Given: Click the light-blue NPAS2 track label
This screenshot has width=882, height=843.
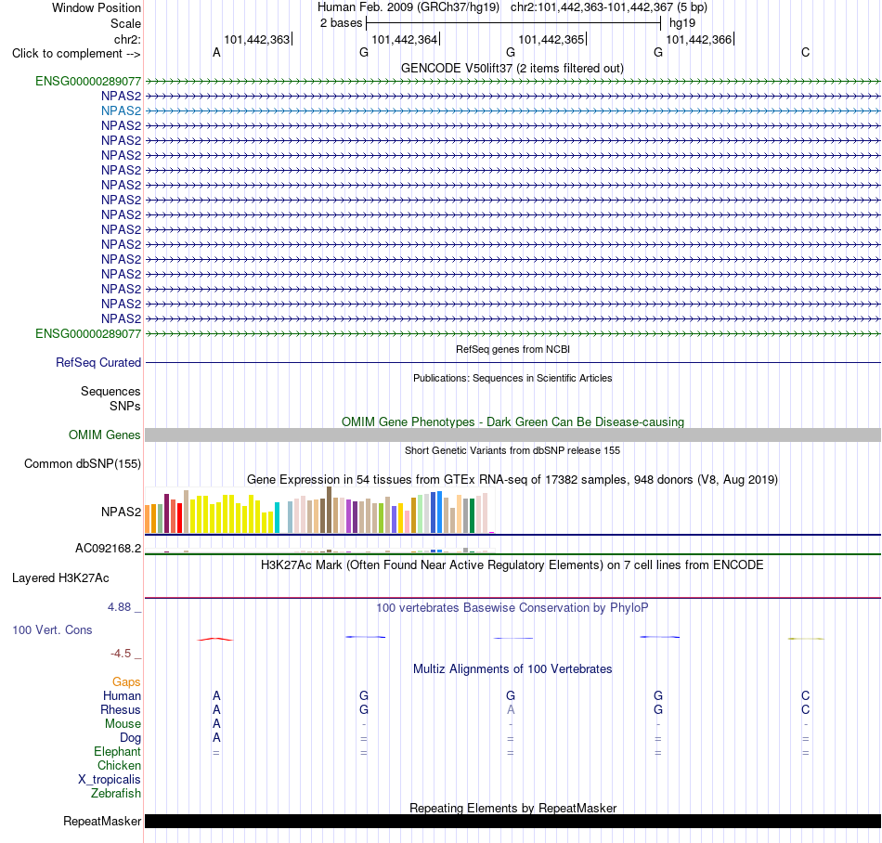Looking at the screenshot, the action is (121, 110).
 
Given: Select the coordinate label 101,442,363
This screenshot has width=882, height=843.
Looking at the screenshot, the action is (256, 39).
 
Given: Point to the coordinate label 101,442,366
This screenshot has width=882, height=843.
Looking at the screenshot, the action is (698, 39).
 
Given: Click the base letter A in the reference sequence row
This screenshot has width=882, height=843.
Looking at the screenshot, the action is (216, 52).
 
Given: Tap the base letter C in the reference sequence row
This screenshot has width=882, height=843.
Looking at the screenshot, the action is (806, 52).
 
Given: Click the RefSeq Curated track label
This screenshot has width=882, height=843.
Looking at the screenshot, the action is (98, 363).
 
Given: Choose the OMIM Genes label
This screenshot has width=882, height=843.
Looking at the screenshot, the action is (105, 434).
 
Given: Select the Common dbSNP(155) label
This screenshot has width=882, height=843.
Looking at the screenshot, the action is (83, 464).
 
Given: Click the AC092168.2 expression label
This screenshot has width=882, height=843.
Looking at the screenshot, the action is (109, 549).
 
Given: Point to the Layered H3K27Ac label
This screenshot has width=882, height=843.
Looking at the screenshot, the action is (60, 578).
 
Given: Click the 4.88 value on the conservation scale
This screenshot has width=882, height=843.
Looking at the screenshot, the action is (119, 607).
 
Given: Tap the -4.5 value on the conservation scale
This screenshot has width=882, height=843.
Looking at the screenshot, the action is (121, 654).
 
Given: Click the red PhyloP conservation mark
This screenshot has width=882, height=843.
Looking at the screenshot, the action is (214, 639).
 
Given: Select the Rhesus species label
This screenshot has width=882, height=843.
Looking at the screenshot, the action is (121, 709).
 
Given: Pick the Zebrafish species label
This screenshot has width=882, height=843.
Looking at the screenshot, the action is (116, 794).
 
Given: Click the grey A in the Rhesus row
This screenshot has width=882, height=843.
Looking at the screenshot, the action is (511, 709).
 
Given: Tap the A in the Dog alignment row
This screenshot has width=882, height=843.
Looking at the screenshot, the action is (216, 738).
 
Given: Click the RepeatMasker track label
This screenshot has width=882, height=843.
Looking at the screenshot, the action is (102, 821).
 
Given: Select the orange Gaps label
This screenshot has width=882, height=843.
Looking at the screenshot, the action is (126, 682).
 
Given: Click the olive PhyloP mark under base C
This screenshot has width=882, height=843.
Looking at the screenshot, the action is (806, 639).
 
